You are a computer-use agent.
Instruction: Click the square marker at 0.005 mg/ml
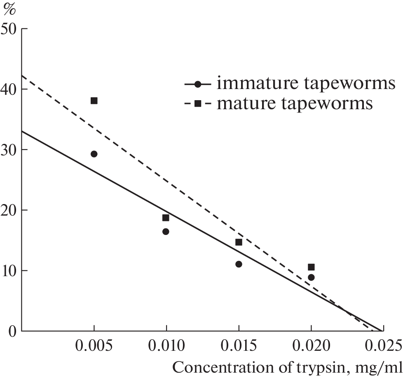94,101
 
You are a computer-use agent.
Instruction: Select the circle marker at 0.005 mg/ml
94,154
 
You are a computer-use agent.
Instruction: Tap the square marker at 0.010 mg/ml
166,218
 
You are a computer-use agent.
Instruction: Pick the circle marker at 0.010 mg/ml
166,231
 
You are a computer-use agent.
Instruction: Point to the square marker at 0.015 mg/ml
239,242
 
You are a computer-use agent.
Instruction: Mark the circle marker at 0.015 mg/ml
239,264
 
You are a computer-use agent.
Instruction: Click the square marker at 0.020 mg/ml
311,267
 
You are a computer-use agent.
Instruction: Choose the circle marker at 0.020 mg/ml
311,277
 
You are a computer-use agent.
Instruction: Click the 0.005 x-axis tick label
94,345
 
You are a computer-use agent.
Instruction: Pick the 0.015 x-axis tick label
239,345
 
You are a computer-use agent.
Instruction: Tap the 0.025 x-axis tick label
383,345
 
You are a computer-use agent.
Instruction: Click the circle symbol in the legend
198,84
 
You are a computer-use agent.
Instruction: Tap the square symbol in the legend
198,103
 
